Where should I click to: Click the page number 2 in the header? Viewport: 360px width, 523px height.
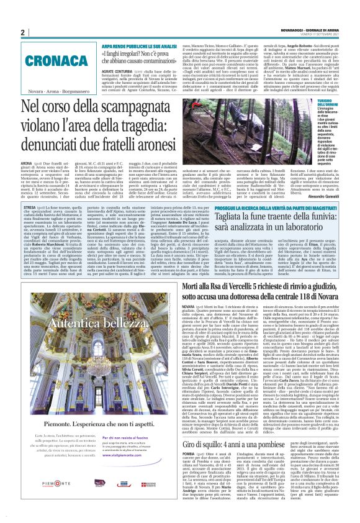click(22, 33)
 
